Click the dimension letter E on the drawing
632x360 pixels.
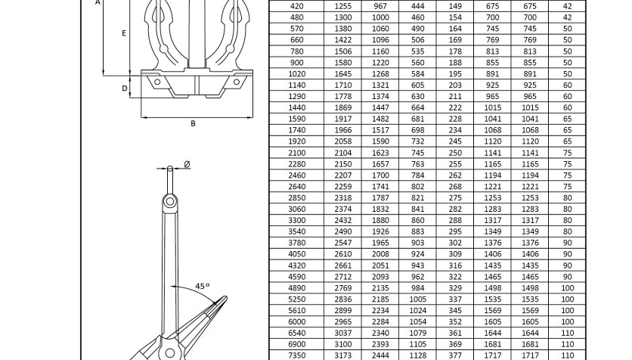pos(124,33)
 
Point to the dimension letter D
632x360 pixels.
pos(125,88)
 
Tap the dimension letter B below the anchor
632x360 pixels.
pos(193,123)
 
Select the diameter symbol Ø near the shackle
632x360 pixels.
pos(187,164)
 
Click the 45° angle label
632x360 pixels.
pos(203,286)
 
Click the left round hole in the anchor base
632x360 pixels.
pos(157,82)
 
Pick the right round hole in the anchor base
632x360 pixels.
pos(237,82)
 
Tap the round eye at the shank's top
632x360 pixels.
pos(170,201)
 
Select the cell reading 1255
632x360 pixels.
pos(343,6)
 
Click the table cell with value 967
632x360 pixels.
pos(380,6)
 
